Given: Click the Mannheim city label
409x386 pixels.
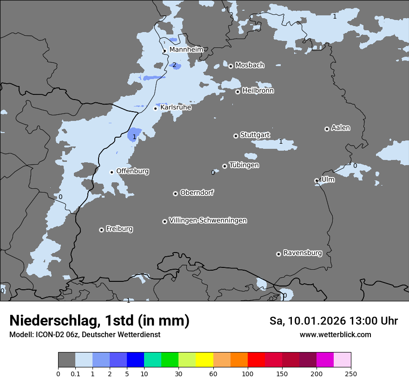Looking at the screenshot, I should click(x=186, y=49).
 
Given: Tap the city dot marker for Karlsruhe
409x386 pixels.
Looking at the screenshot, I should click(x=156, y=108).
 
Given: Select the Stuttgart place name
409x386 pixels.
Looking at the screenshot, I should click(x=255, y=135).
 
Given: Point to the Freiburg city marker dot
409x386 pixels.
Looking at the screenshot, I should click(x=101, y=230).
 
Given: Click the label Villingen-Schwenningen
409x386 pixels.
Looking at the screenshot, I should click(x=208, y=220).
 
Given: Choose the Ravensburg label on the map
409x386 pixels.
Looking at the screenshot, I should click(x=302, y=253).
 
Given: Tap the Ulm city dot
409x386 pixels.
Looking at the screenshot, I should click(x=317, y=180).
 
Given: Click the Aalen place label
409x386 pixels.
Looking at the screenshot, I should click(x=340, y=128).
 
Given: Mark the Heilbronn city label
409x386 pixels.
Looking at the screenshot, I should click(x=258, y=91).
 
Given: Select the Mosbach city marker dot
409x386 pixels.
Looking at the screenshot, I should click(x=231, y=66).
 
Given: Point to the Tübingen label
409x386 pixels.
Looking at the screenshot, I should click(x=244, y=165).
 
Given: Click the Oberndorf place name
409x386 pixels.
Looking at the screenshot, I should click(x=197, y=193).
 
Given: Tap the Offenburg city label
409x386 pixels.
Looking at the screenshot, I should click(x=132, y=171).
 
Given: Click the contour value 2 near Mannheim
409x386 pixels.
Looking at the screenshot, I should click(x=174, y=65).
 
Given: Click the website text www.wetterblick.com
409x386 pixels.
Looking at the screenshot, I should click(x=335, y=335).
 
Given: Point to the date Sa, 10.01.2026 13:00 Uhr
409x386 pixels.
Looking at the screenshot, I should click(x=333, y=321).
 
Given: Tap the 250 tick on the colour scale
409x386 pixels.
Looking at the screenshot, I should click(x=351, y=373).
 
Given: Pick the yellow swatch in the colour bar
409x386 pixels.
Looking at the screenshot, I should click(x=204, y=360).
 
